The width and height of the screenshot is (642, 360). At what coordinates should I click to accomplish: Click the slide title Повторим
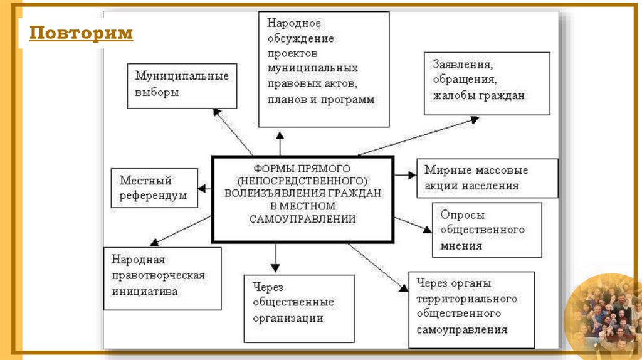click(x=82, y=33)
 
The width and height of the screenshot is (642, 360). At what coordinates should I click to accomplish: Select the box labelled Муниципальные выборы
click(x=182, y=85)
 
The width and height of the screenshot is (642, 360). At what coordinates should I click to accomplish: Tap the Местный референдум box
click(x=154, y=188)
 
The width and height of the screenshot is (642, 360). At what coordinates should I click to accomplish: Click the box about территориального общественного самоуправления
click(x=471, y=310)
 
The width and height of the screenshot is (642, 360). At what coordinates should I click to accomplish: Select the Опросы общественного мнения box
click(x=487, y=230)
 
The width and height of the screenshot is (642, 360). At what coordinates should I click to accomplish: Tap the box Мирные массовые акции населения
click(x=487, y=177)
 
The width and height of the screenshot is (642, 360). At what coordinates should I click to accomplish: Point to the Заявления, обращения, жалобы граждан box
click(x=487, y=83)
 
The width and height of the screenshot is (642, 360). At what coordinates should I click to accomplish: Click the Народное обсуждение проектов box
click(x=324, y=69)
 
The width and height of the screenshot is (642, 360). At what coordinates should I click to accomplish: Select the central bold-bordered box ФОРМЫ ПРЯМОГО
click(x=303, y=199)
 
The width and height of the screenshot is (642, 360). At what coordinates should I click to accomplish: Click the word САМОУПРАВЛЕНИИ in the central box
click(x=303, y=219)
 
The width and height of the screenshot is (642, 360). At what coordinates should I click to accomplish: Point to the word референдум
click(x=153, y=196)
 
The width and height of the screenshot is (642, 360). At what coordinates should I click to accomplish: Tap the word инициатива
click(x=145, y=291)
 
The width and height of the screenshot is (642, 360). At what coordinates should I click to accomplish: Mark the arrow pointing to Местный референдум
click(x=206, y=188)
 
